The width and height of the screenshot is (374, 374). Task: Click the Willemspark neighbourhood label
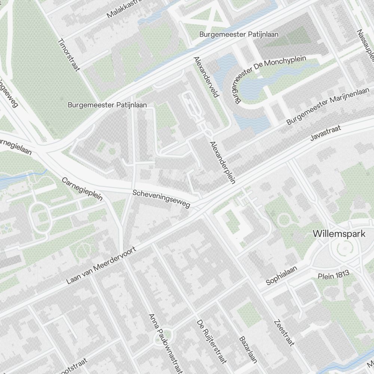(x=339, y=234)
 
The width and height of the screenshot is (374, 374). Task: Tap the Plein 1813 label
(x=334, y=276)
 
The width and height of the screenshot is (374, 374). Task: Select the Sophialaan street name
(x=281, y=276)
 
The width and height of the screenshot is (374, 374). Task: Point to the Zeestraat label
(x=285, y=333)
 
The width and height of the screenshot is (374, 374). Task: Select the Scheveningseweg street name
(x=161, y=199)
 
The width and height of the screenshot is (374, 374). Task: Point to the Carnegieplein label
(x=82, y=189)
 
